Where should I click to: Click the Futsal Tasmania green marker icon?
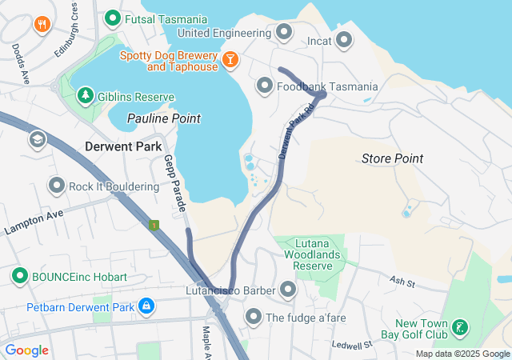[113, 18]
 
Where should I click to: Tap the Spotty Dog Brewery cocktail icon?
[230, 59]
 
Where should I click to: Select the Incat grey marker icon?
[344, 39]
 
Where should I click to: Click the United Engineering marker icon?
[284, 33]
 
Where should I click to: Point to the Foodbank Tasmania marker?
[265, 86]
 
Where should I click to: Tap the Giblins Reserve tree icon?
[85, 96]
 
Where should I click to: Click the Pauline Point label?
[163, 118]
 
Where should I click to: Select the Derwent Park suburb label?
[123, 146]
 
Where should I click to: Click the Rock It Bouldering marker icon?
[56, 186]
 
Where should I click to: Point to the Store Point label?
[392, 158]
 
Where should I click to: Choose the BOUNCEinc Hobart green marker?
[20, 276]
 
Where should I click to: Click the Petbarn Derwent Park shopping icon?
[146, 306]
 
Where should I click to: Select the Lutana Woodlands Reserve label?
[312, 254]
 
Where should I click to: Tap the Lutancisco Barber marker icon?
[288, 290]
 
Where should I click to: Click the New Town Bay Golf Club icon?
[460, 326]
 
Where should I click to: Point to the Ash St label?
[402, 282]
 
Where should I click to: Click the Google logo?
[26, 350]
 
